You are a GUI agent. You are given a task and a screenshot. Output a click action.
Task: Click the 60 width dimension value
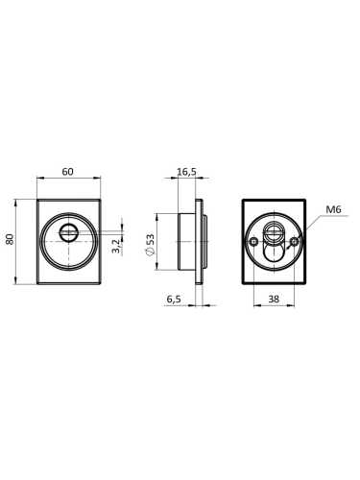click(67, 172)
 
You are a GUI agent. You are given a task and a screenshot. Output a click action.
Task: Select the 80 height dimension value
click(11, 239)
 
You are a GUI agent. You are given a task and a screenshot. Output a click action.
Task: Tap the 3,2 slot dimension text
click(116, 246)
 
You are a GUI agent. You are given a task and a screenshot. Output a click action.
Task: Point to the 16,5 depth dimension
click(187, 172)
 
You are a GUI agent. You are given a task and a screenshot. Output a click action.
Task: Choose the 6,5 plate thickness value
click(174, 300)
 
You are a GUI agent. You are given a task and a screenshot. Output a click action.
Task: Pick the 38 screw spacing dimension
click(274, 300)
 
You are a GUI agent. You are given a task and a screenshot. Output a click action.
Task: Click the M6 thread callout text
click(333, 209)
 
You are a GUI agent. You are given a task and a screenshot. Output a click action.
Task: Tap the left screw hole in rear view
click(253, 242)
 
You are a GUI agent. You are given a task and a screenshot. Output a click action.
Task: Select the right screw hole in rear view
click(295, 242)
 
